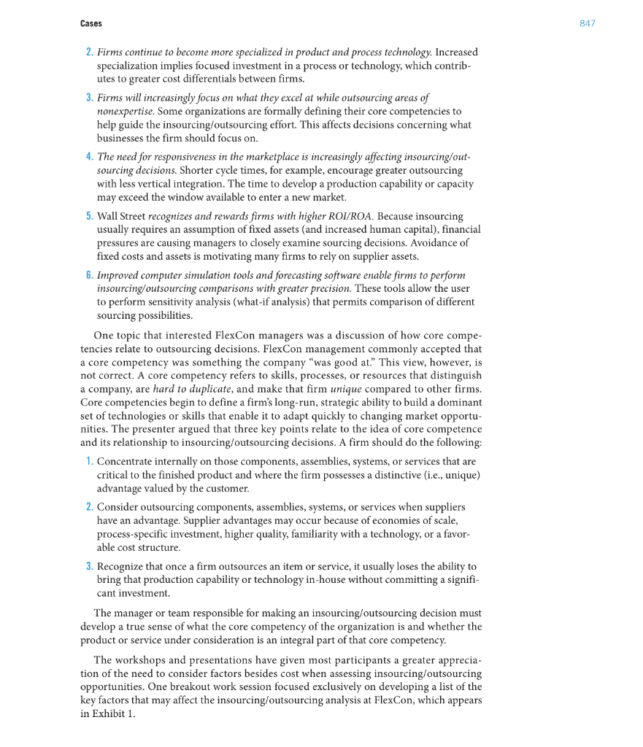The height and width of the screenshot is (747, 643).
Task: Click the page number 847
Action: click(x=588, y=23)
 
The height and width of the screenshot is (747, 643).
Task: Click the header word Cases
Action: click(x=91, y=23)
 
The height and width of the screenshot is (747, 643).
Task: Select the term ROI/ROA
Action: click(x=347, y=217)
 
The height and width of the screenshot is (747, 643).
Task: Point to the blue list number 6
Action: click(x=89, y=275)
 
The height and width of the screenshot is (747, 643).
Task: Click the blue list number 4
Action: click(x=89, y=157)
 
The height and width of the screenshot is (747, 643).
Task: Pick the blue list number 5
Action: click(x=89, y=217)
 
